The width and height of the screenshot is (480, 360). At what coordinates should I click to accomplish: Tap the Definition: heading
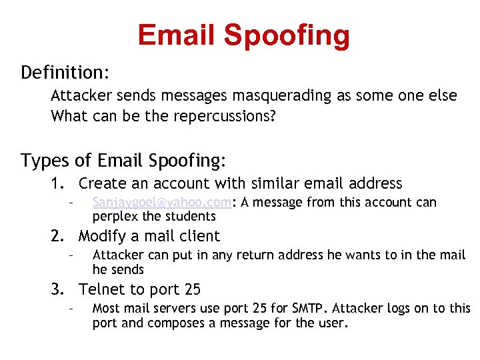[65, 71]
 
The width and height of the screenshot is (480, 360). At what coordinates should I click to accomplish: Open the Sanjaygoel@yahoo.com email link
[162, 203]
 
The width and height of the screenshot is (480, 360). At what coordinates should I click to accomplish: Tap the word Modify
[101, 236]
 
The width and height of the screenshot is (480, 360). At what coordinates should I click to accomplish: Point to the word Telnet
[101, 289]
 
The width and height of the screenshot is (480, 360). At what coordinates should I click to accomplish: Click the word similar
[274, 183]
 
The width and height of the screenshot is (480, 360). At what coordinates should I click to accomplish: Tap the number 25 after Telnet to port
[191, 289]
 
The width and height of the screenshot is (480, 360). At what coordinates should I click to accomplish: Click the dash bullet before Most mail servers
[69, 309]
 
